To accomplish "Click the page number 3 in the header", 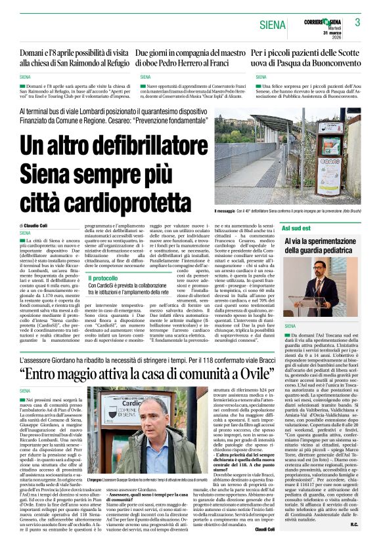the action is (357, 22).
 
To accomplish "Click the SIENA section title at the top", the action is (273, 25).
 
